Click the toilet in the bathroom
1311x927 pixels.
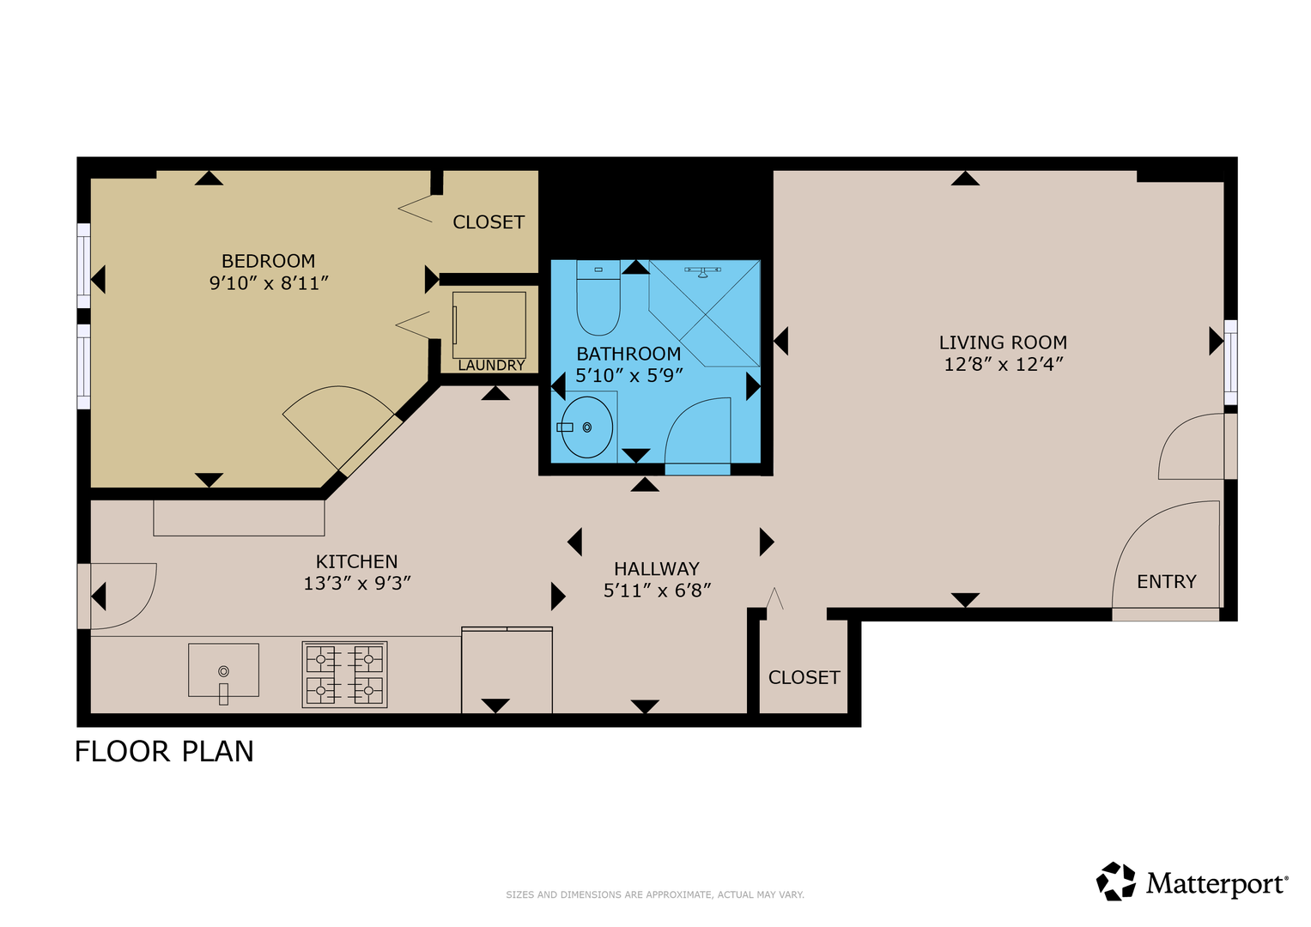[x=598, y=298]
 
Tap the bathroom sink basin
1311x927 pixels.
[x=586, y=427]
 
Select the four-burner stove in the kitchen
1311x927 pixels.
[x=345, y=675]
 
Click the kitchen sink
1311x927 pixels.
[x=223, y=670]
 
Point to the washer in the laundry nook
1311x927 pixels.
[x=489, y=325]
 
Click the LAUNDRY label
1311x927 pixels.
[x=491, y=365]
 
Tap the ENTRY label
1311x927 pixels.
[x=1167, y=582]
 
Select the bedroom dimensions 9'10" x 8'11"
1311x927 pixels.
[x=269, y=283]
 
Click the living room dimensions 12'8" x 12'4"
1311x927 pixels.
[x=1003, y=365]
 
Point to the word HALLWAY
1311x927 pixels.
[x=657, y=569]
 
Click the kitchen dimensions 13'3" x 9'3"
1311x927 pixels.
[x=357, y=584]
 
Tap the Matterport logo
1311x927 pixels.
[x=1193, y=881]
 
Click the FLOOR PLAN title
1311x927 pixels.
[x=165, y=751]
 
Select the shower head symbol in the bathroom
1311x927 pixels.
[x=703, y=271]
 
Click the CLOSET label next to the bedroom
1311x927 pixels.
[x=489, y=222]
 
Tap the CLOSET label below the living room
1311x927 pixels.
[x=804, y=678]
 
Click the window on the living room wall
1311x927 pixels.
[x=1231, y=362]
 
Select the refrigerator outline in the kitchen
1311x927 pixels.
[x=507, y=670]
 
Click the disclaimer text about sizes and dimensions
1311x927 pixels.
[x=655, y=894]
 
